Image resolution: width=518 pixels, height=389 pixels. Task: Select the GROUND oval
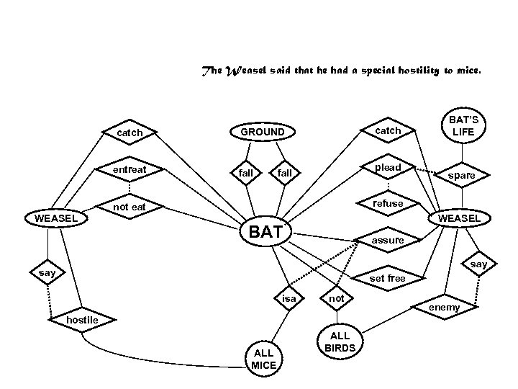tap(262, 133)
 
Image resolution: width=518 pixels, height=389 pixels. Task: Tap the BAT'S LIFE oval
tap(463, 127)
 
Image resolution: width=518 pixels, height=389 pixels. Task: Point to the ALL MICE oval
tap(263, 358)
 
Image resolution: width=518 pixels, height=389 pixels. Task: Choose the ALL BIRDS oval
tap(339, 341)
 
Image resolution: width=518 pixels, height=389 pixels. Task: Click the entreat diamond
tap(130, 170)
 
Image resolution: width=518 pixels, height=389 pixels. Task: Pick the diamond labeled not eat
tap(129, 207)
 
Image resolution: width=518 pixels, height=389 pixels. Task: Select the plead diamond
tap(388, 168)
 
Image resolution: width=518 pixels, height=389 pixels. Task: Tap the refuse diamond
tap(388, 204)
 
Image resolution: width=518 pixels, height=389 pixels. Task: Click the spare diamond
tap(461, 175)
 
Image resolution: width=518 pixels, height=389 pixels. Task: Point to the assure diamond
tap(388, 240)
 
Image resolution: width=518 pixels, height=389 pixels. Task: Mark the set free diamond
tap(387, 278)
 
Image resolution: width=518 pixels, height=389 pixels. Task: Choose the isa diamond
tap(288, 298)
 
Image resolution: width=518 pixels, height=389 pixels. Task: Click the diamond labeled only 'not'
tap(336, 298)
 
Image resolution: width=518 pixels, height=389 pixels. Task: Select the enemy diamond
tap(444, 308)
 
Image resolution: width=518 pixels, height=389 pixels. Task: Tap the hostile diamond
tap(82, 320)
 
